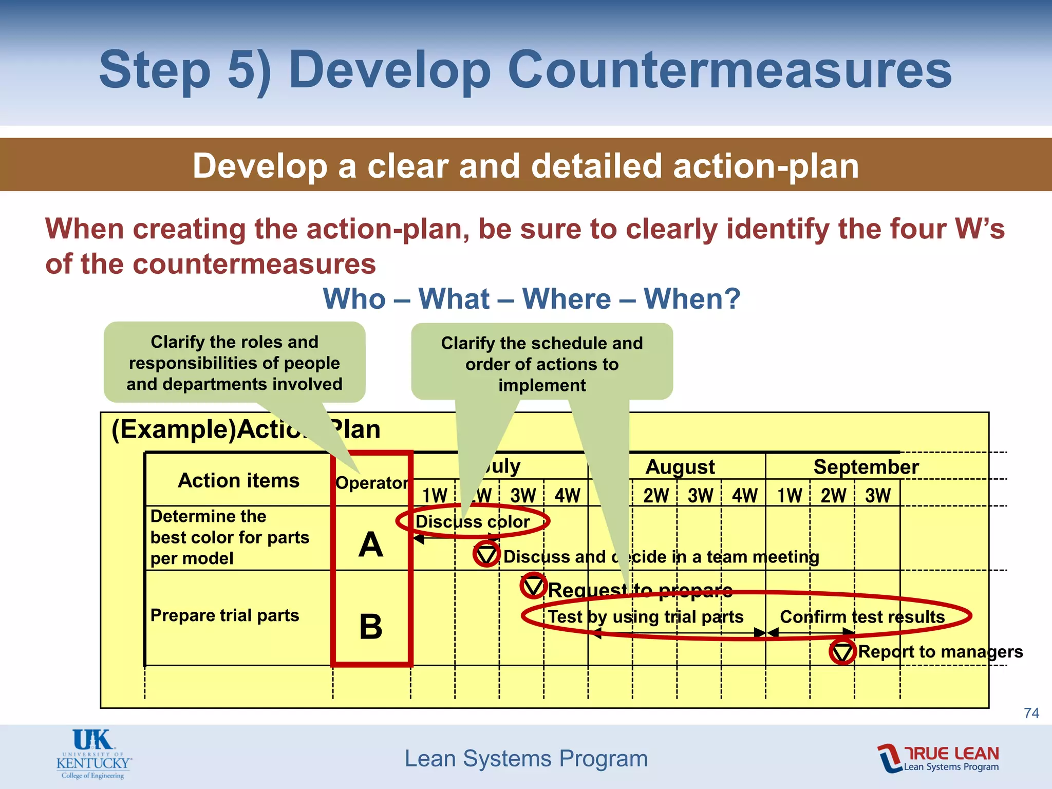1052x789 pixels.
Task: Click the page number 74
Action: coord(1031,713)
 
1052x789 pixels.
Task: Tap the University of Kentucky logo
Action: coord(93,754)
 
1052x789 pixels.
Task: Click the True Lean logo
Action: coord(938,758)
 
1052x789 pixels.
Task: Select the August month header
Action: coord(680,467)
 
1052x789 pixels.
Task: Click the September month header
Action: coord(866,467)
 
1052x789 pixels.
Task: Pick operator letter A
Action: coord(371,544)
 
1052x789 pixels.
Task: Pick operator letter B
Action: coord(371,627)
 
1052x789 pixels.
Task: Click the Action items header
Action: coord(238,480)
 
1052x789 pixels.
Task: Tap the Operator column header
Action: coord(372,483)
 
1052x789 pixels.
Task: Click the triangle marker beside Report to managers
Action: coord(842,652)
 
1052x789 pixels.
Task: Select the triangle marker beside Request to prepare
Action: coord(533,586)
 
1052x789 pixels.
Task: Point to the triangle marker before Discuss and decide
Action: coord(486,554)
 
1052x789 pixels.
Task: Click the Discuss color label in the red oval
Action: coord(473,522)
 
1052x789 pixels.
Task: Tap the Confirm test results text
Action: coord(862,616)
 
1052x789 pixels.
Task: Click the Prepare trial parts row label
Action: coord(224,615)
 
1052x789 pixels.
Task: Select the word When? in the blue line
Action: coord(692,298)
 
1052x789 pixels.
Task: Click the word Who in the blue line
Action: coord(354,298)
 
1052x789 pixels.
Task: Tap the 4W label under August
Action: coord(744,496)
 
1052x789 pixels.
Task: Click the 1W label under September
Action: coord(790,496)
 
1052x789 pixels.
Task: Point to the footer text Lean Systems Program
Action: coord(526,758)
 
